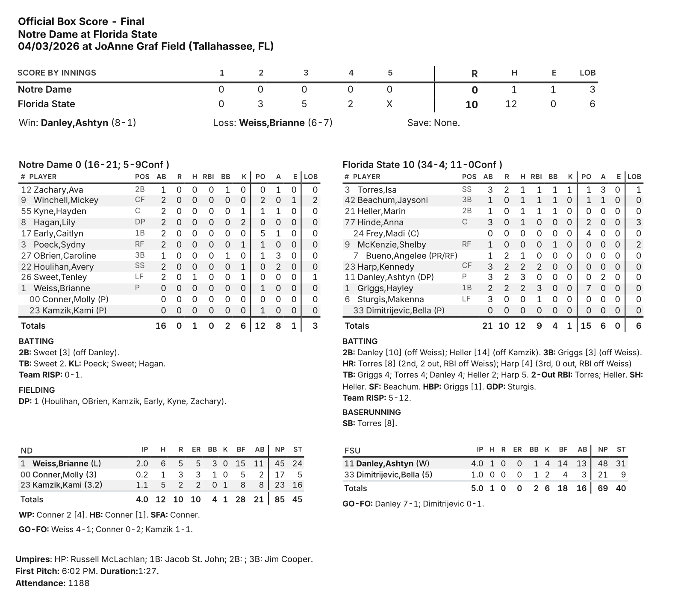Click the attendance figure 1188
(x=79, y=583)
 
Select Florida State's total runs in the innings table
(x=472, y=104)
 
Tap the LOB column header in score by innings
(x=587, y=73)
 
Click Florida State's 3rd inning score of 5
(x=304, y=104)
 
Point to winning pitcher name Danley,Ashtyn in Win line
(x=74, y=123)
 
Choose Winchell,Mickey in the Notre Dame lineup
(x=66, y=200)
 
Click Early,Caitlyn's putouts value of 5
(x=262, y=233)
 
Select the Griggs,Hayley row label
(x=385, y=288)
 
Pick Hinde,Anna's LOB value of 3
(x=638, y=222)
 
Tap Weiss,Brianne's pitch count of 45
(x=280, y=463)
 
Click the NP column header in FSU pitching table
(x=603, y=449)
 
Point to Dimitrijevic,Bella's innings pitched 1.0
(x=477, y=475)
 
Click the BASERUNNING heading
(x=371, y=412)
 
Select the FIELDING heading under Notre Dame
(x=37, y=390)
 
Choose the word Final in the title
(x=133, y=21)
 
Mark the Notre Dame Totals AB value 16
(x=161, y=326)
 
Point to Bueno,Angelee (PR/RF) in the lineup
(x=411, y=256)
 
